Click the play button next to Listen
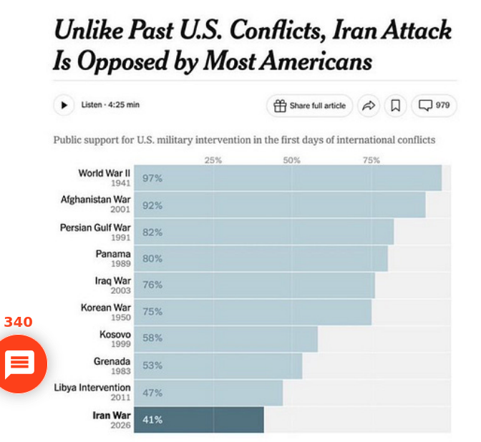[x=64, y=105]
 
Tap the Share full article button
[x=309, y=106]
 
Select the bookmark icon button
[x=394, y=106]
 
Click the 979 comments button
[x=434, y=106]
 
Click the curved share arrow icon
[x=369, y=106]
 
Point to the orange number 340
[x=18, y=322]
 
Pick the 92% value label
[x=152, y=205]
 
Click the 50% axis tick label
[x=291, y=160]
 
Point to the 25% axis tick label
[x=213, y=160]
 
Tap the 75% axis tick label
[x=371, y=160]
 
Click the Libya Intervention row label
[x=92, y=388]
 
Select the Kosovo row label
[x=115, y=335]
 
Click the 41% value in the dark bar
[x=152, y=420]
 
